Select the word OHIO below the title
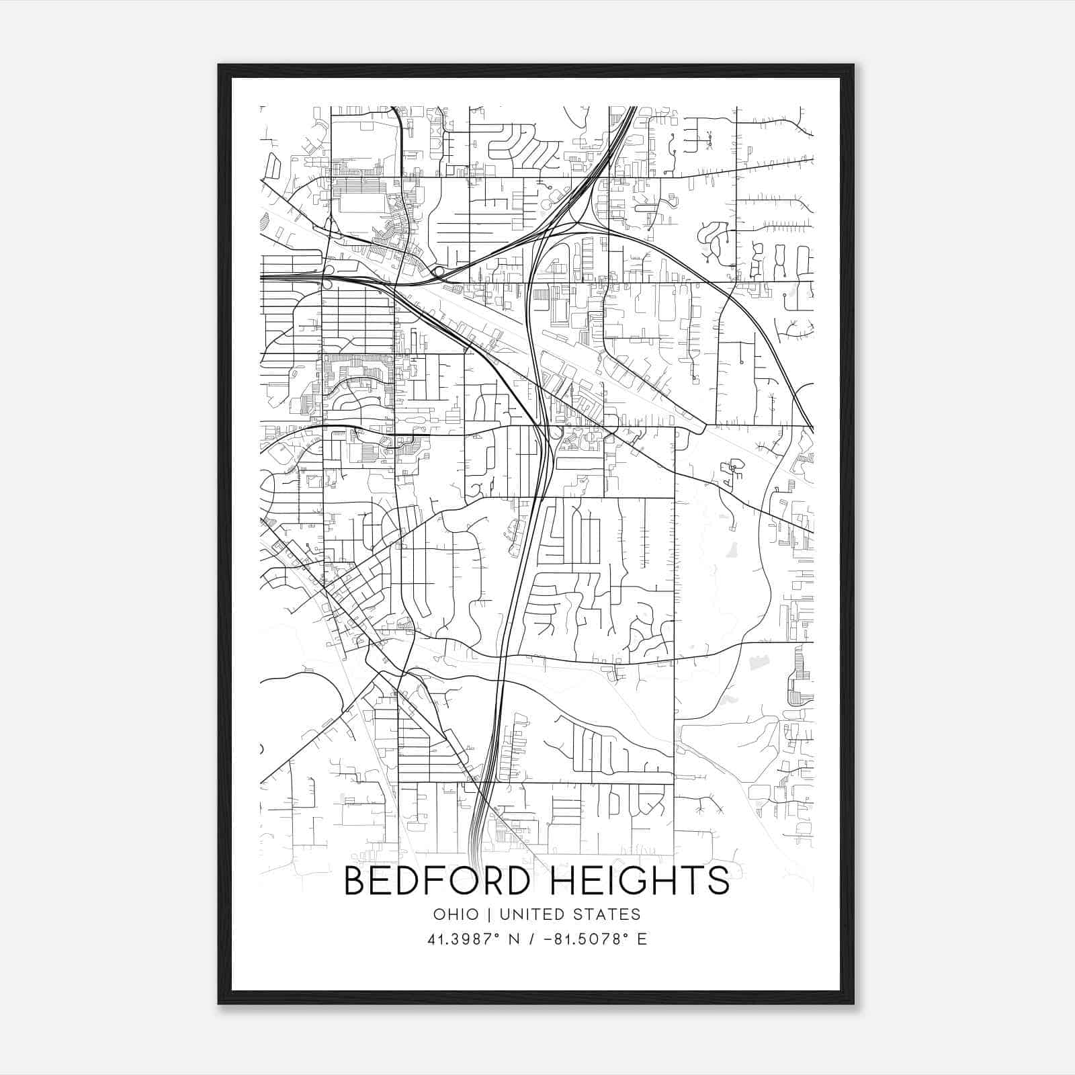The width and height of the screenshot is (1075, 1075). pos(456,914)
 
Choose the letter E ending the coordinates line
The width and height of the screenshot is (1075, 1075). pos(642,939)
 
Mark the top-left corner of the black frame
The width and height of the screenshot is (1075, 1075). pos(219,65)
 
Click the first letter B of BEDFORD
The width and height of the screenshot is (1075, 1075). pos(354,881)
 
